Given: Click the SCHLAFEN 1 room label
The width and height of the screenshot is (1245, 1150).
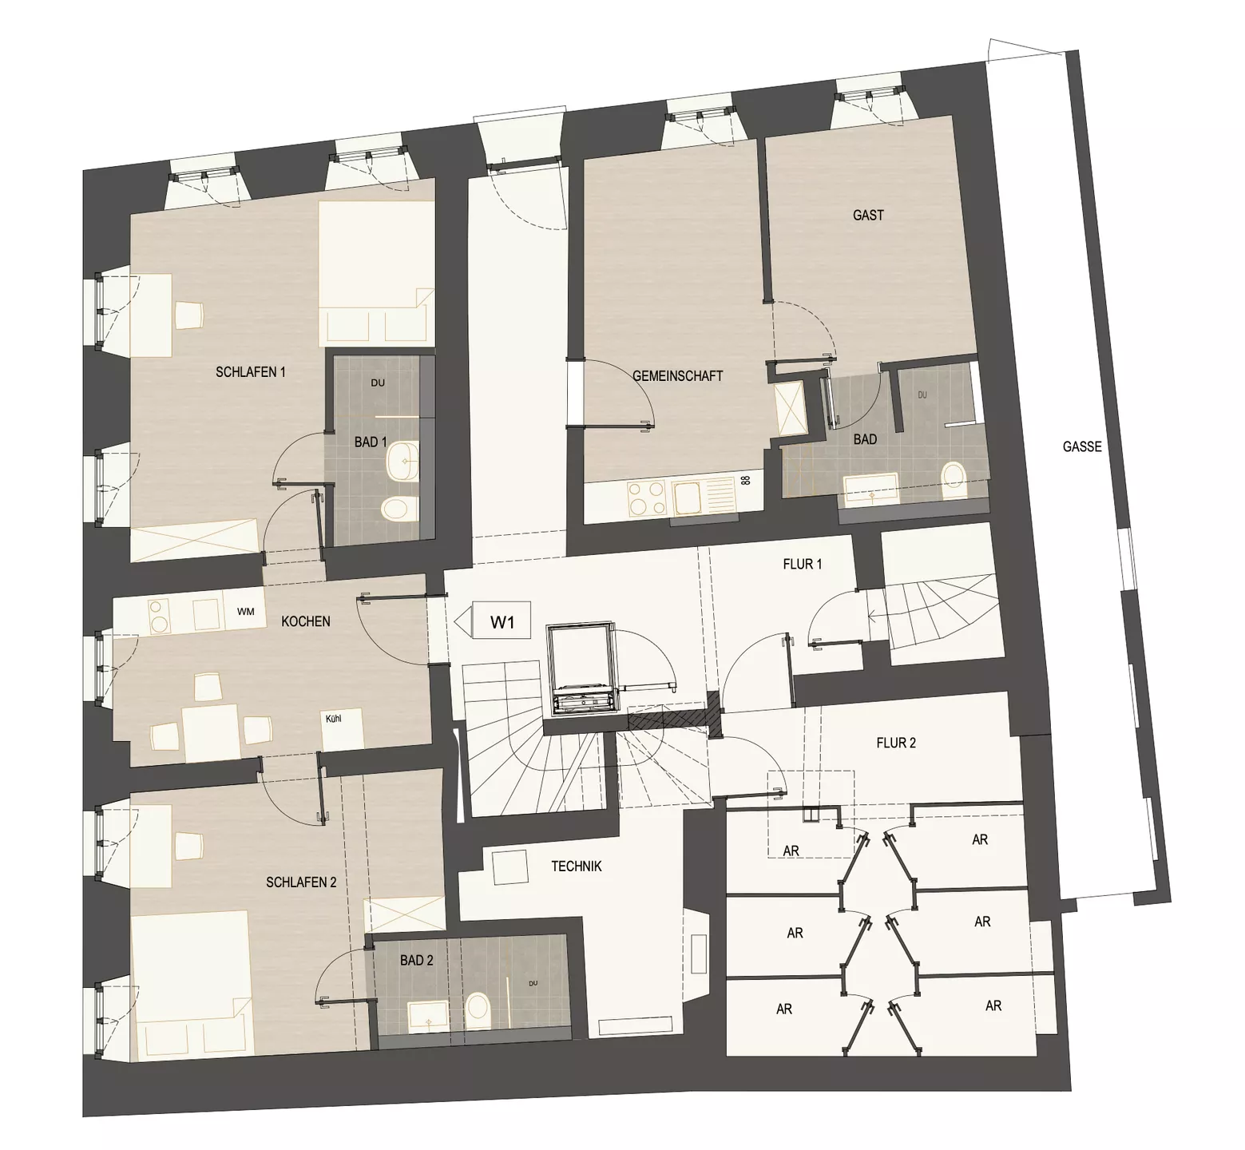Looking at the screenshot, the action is (x=250, y=371).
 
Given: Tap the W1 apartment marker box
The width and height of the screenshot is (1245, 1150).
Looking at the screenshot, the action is (x=502, y=621).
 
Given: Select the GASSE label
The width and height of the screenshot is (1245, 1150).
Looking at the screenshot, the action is (x=1082, y=446).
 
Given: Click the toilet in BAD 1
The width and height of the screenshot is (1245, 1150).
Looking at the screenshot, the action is (x=398, y=508).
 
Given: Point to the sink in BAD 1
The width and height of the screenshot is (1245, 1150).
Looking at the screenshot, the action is (x=402, y=461).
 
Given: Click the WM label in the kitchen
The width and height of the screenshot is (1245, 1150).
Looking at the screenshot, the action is (x=245, y=612).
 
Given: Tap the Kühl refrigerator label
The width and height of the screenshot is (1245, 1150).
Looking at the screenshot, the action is (x=334, y=718).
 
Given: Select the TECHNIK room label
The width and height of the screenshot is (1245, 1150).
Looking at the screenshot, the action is (x=576, y=866).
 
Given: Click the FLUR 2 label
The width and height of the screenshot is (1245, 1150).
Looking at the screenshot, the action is (x=896, y=743).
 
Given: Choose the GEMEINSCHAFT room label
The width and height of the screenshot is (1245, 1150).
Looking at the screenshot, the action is (x=677, y=375).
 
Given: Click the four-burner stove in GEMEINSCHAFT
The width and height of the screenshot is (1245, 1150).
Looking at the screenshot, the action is (x=646, y=498).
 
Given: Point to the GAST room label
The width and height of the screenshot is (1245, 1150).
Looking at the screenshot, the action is (x=868, y=215).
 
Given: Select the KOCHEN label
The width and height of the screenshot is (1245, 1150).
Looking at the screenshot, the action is (x=306, y=621).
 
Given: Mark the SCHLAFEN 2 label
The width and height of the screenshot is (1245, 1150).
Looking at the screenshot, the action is (x=301, y=882).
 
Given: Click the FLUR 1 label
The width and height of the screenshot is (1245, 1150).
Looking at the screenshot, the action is (x=803, y=564).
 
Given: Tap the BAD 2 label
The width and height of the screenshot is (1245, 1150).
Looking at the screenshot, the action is (x=417, y=961).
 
